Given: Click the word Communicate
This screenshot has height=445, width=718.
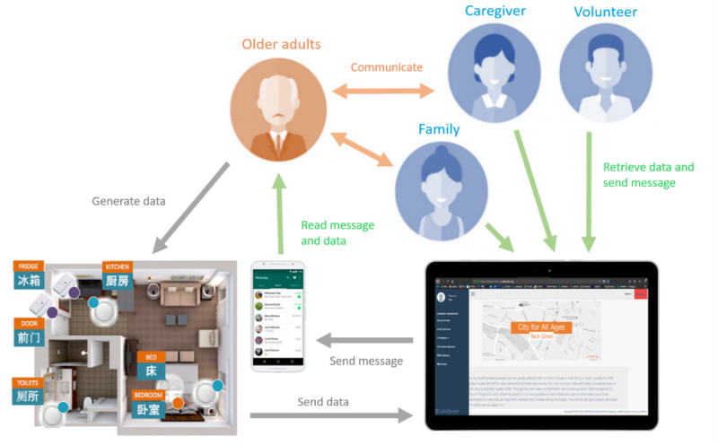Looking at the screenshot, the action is point(386,67).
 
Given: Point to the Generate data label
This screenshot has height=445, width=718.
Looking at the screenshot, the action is point(129,201).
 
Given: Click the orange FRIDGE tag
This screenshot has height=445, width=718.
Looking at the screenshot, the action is point(29,267).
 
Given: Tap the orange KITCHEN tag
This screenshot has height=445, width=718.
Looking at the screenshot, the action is point(118,267).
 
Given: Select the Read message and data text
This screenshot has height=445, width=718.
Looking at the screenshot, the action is point(337,233).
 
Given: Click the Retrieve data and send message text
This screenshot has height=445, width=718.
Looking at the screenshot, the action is point(648,175).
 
